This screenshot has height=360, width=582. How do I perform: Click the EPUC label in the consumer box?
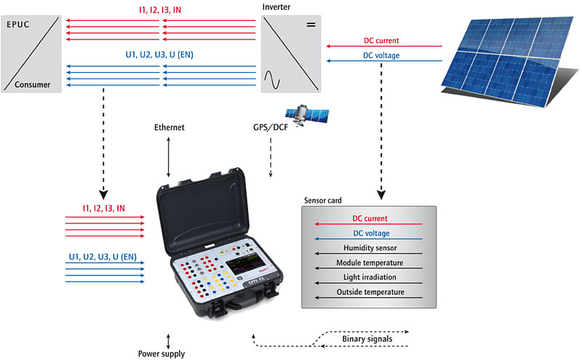(18, 25)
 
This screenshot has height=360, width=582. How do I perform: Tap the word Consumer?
(32, 85)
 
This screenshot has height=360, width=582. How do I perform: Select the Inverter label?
(276, 7)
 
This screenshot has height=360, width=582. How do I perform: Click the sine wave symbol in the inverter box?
(272, 80)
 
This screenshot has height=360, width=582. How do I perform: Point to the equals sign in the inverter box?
(311, 25)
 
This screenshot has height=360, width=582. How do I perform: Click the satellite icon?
(307, 115)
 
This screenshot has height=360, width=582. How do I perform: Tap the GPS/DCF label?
(271, 127)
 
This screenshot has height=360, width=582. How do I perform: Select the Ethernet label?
(169, 127)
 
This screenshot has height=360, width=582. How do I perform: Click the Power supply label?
(161, 353)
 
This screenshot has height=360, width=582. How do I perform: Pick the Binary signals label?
(367, 339)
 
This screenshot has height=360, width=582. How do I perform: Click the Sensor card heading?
(323, 200)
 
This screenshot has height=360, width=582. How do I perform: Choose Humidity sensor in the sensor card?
(370, 248)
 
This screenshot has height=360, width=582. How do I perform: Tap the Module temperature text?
(370, 263)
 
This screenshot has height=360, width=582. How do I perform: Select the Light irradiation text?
(370, 277)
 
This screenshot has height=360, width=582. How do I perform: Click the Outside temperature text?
(370, 292)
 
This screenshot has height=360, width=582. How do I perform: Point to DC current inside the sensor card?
(370, 218)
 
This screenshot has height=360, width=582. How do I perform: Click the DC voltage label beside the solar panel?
(381, 56)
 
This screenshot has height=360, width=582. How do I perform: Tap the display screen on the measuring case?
(242, 264)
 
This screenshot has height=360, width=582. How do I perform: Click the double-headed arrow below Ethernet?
(169, 157)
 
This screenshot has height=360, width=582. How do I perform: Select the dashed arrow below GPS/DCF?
(271, 157)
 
